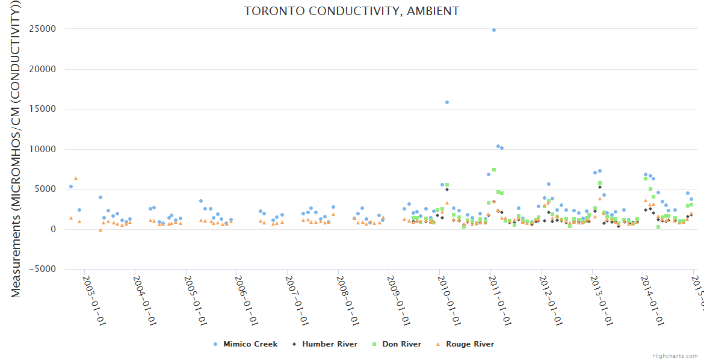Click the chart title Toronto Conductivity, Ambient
(351, 11)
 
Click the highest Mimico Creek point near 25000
(494, 29)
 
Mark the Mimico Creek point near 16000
(447, 102)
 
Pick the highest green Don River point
(493, 170)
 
